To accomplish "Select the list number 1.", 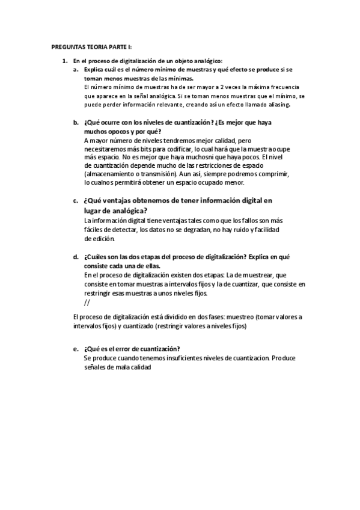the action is pyautogui.click(x=64, y=61).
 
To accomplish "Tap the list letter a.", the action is pyautogui.click(x=76, y=70).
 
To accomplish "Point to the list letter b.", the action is pyautogui.click(x=76, y=123).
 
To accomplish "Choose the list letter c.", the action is pyautogui.click(x=76, y=201).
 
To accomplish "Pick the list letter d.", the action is pyautogui.click(x=76, y=256).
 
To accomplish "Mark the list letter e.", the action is pyautogui.click(x=76, y=349).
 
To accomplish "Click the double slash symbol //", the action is pyautogui.click(x=87, y=303).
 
